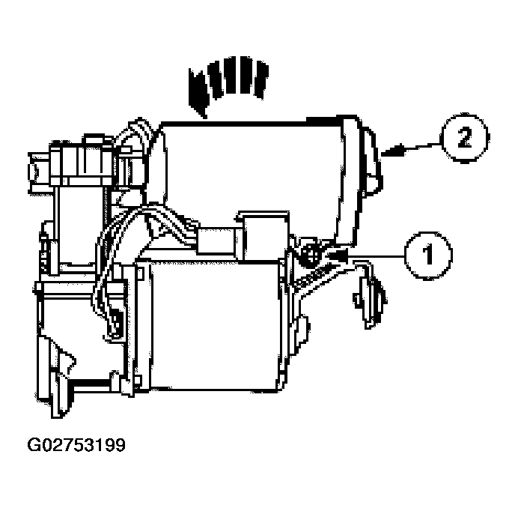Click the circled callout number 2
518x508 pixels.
464,138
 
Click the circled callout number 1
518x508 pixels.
428,255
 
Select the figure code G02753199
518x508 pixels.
76,445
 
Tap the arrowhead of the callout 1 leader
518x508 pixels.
335,255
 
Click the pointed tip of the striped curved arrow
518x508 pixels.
204,116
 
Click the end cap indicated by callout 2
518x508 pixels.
362,172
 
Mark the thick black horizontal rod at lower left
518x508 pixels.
91,384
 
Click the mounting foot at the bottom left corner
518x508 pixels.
55,377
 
